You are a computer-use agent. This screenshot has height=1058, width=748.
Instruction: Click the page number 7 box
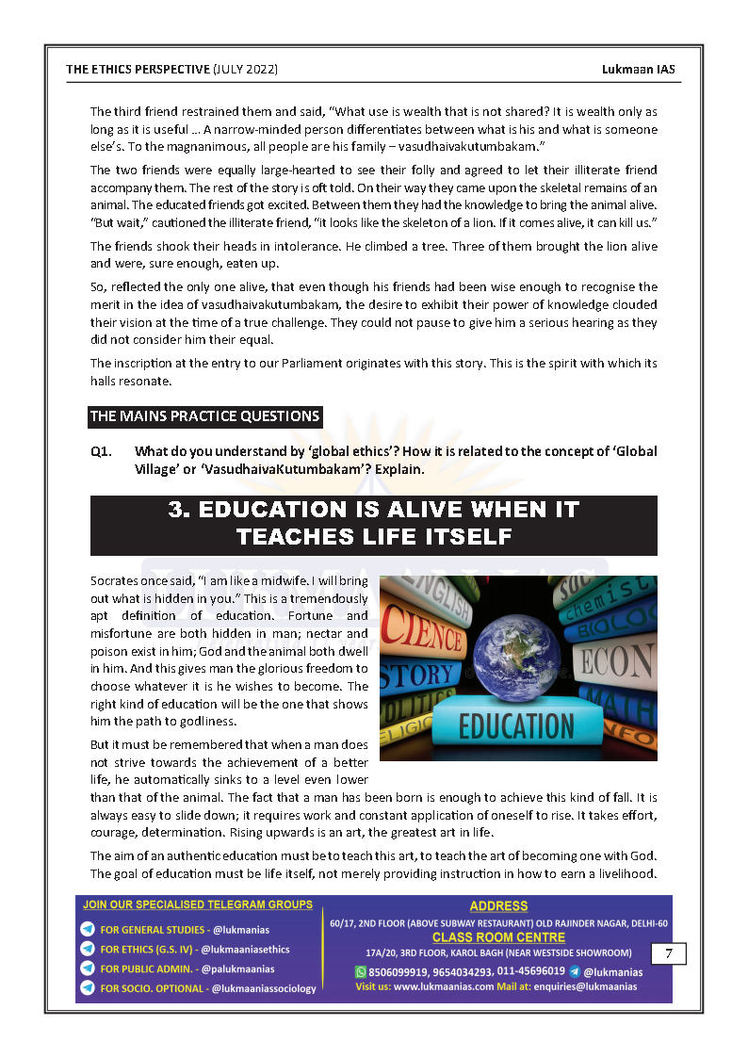pyautogui.click(x=668, y=953)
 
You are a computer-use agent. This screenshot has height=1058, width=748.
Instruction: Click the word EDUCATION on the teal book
pyautogui.click(x=516, y=727)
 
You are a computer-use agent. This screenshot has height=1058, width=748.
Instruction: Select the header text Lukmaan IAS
pyautogui.click(x=639, y=70)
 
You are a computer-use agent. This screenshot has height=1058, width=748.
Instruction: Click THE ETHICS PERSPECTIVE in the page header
pyautogui.click(x=138, y=70)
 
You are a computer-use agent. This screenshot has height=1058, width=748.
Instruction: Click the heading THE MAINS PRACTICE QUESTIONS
pyautogui.click(x=204, y=416)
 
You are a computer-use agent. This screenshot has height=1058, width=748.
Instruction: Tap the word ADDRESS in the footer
pyautogui.click(x=498, y=906)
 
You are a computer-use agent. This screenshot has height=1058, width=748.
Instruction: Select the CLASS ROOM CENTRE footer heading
pyautogui.click(x=498, y=937)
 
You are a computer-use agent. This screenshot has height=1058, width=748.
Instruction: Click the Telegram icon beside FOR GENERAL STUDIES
pyautogui.click(x=88, y=930)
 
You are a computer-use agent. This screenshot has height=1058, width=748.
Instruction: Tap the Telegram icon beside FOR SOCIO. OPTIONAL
pyautogui.click(x=88, y=988)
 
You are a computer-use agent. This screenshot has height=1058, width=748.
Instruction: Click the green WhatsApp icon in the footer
pyautogui.click(x=360, y=971)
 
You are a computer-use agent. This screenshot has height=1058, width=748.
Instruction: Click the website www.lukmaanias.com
pyautogui.click(x=443, y=986)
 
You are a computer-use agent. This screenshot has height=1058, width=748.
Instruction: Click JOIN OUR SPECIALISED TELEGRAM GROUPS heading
pyautogui.click(x=198, y=904)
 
